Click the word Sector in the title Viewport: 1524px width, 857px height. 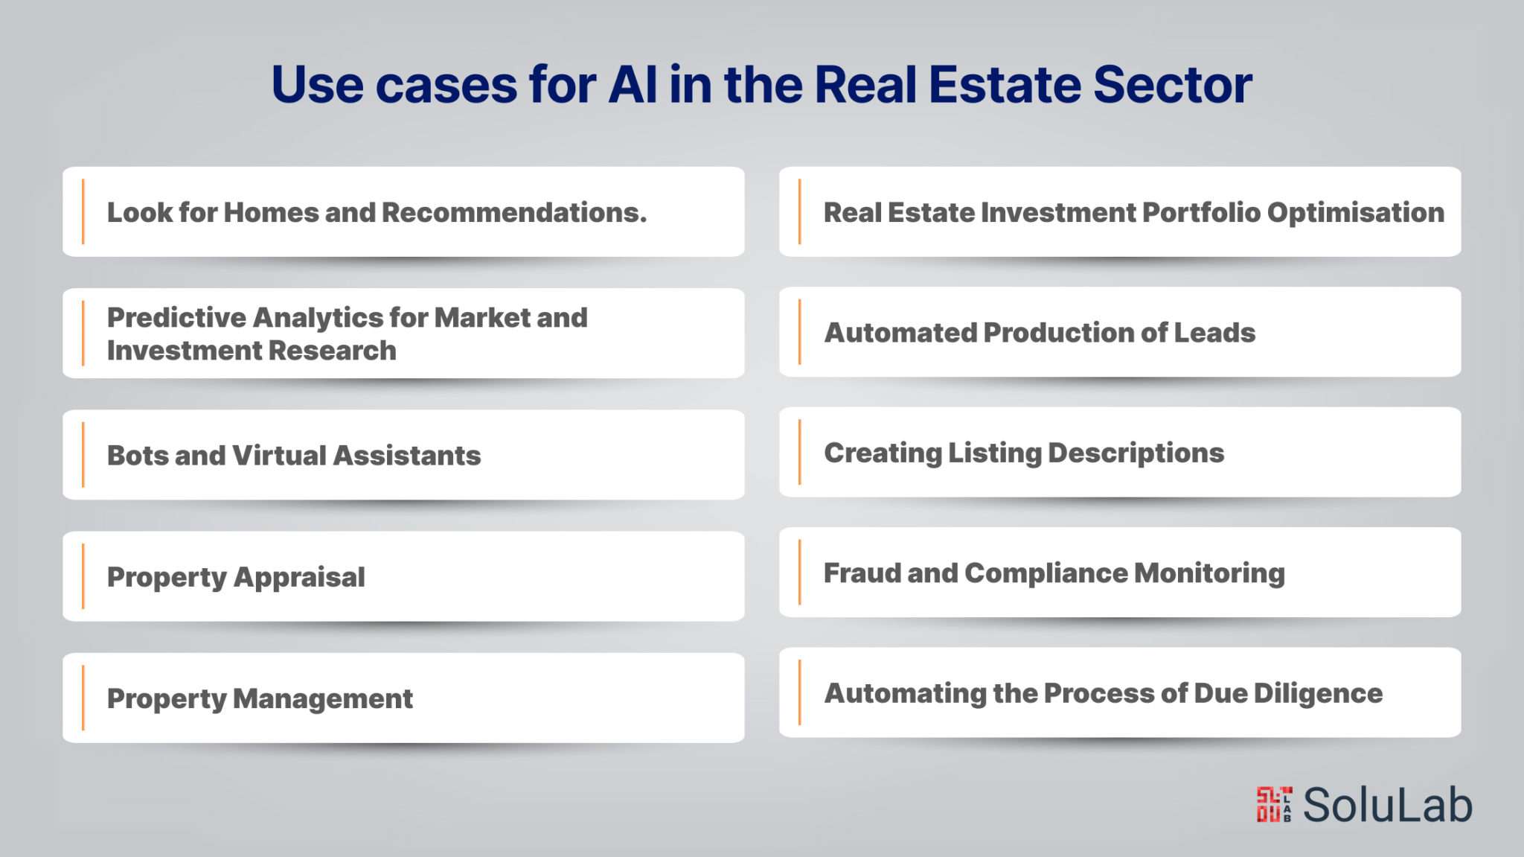1173,84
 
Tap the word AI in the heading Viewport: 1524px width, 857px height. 633,84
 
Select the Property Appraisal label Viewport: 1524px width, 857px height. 236,578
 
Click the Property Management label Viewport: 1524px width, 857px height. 260,699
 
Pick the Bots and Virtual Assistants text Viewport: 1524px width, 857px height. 294,455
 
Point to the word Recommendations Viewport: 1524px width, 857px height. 514,212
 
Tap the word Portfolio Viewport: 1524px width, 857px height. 1201,212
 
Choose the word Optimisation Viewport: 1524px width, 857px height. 1356,212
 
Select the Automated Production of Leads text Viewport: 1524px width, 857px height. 1040,332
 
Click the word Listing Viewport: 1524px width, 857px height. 994,453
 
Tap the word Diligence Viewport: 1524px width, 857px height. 1318,694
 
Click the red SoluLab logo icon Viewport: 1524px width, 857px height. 1274,804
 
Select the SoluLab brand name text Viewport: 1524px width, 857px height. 1387,805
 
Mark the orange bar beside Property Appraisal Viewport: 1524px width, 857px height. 83,576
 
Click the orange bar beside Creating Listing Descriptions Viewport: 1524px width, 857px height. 799,452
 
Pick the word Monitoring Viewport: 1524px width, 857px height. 1209,573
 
